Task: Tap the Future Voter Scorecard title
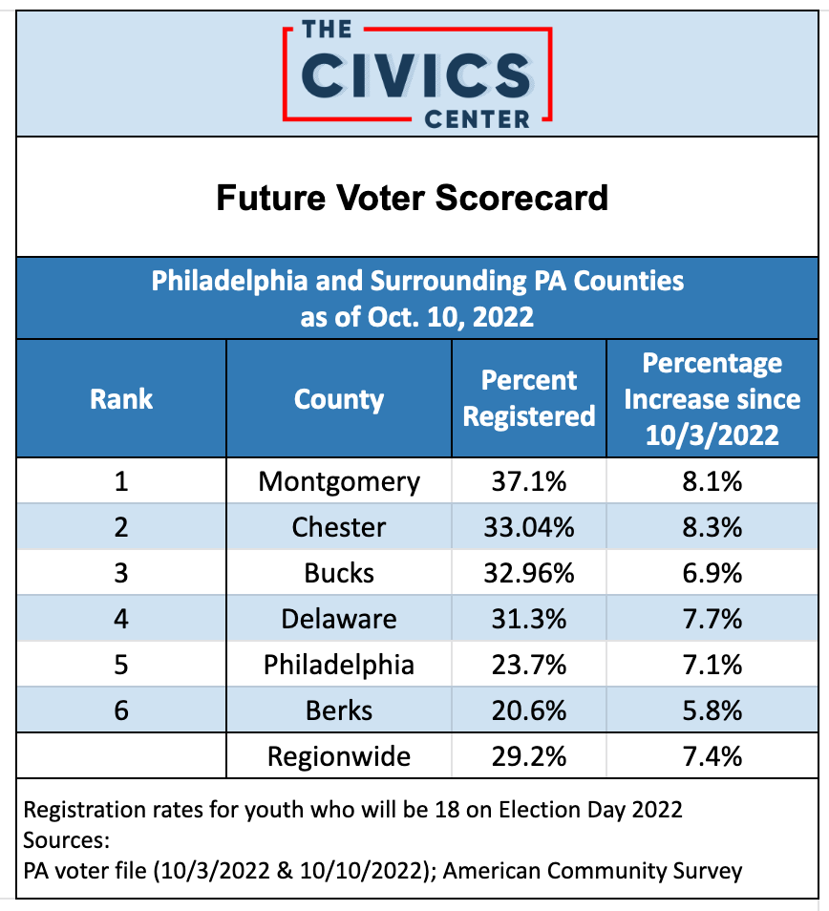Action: coord(412,198)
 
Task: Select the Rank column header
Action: coord(121,398)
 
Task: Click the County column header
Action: coord(339,398)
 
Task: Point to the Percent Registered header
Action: coord(529,398)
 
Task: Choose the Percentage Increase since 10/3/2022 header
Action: coord(712,398)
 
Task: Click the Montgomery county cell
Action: coord(339,481)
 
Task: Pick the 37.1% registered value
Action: coord(529,481)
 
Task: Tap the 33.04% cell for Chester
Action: coord(529,527)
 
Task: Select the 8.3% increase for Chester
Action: coord(712,527)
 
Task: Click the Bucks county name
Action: coord(339,573)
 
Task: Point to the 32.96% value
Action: coord(529,573)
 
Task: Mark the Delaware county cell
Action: coord(339,619)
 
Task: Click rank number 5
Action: coord(121,665)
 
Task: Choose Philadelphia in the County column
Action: coord(339,665)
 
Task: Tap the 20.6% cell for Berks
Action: coord(529,710)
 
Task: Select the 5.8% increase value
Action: coord(712,710)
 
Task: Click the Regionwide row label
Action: coord(339,757)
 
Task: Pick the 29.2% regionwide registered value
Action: coord(529,757)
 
